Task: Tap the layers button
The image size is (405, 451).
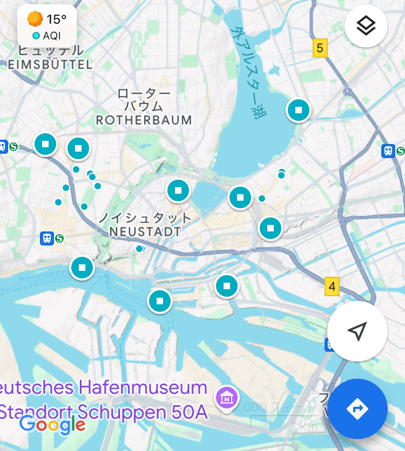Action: tap(366, 26)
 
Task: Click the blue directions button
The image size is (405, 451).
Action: tap(357, 408)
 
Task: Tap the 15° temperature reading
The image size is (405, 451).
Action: tap(56, 19)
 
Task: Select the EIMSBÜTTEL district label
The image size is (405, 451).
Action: tap(50, 65)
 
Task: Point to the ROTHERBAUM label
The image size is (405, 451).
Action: tap(144, 120)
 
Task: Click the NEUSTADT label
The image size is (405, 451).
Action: tap(145, 232)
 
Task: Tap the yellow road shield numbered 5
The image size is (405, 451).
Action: tap(320, 49)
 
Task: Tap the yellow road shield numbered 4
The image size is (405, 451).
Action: tap(332, 286)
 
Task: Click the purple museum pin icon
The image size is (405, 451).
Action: tap(227, 398)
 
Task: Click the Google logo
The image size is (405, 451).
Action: tap(52, 425)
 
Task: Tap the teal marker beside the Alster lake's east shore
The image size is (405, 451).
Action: tap(298, 110)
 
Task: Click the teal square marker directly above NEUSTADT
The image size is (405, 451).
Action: tap(178, 190)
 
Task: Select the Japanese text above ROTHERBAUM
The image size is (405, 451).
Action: tap(144, 99)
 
